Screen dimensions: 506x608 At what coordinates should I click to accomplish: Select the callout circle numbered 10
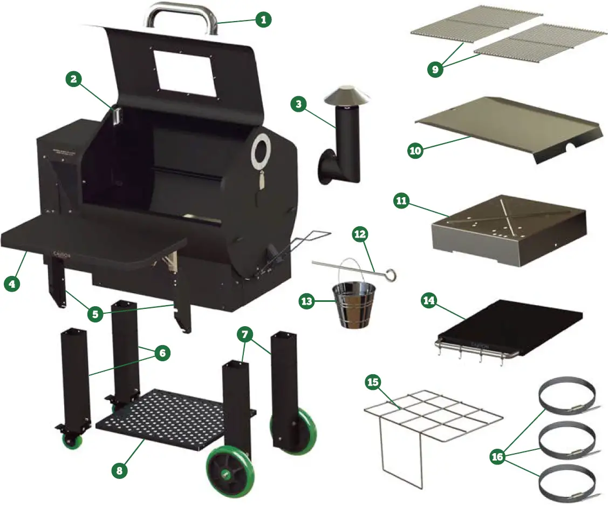click(x=415, y=151)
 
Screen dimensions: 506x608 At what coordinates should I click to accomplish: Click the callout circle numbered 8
click(x=120, y=470)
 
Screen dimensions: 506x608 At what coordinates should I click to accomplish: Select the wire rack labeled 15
click(x=432, y=416)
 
